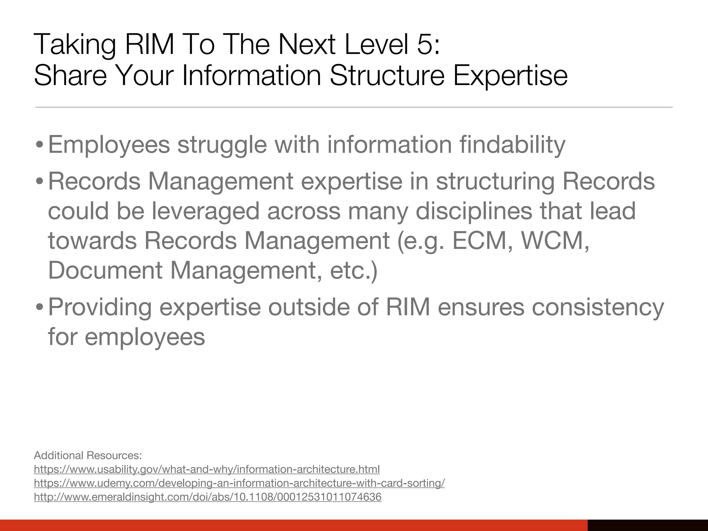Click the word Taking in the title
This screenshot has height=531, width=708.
tap(75, 45)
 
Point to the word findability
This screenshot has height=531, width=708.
tap(512, 145)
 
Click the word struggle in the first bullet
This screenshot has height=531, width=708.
tap(222, 145)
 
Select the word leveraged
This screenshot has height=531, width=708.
tap(205, 211)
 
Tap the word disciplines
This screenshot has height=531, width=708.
tap(474, 211)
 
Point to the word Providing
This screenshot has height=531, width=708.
tap(100, 307)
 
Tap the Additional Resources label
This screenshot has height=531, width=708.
tap(88, 455)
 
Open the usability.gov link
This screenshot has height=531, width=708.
tap(207, 469)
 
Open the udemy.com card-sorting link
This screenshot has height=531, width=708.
tap(239, 483)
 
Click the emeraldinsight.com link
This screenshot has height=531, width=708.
tap(207, 497)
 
